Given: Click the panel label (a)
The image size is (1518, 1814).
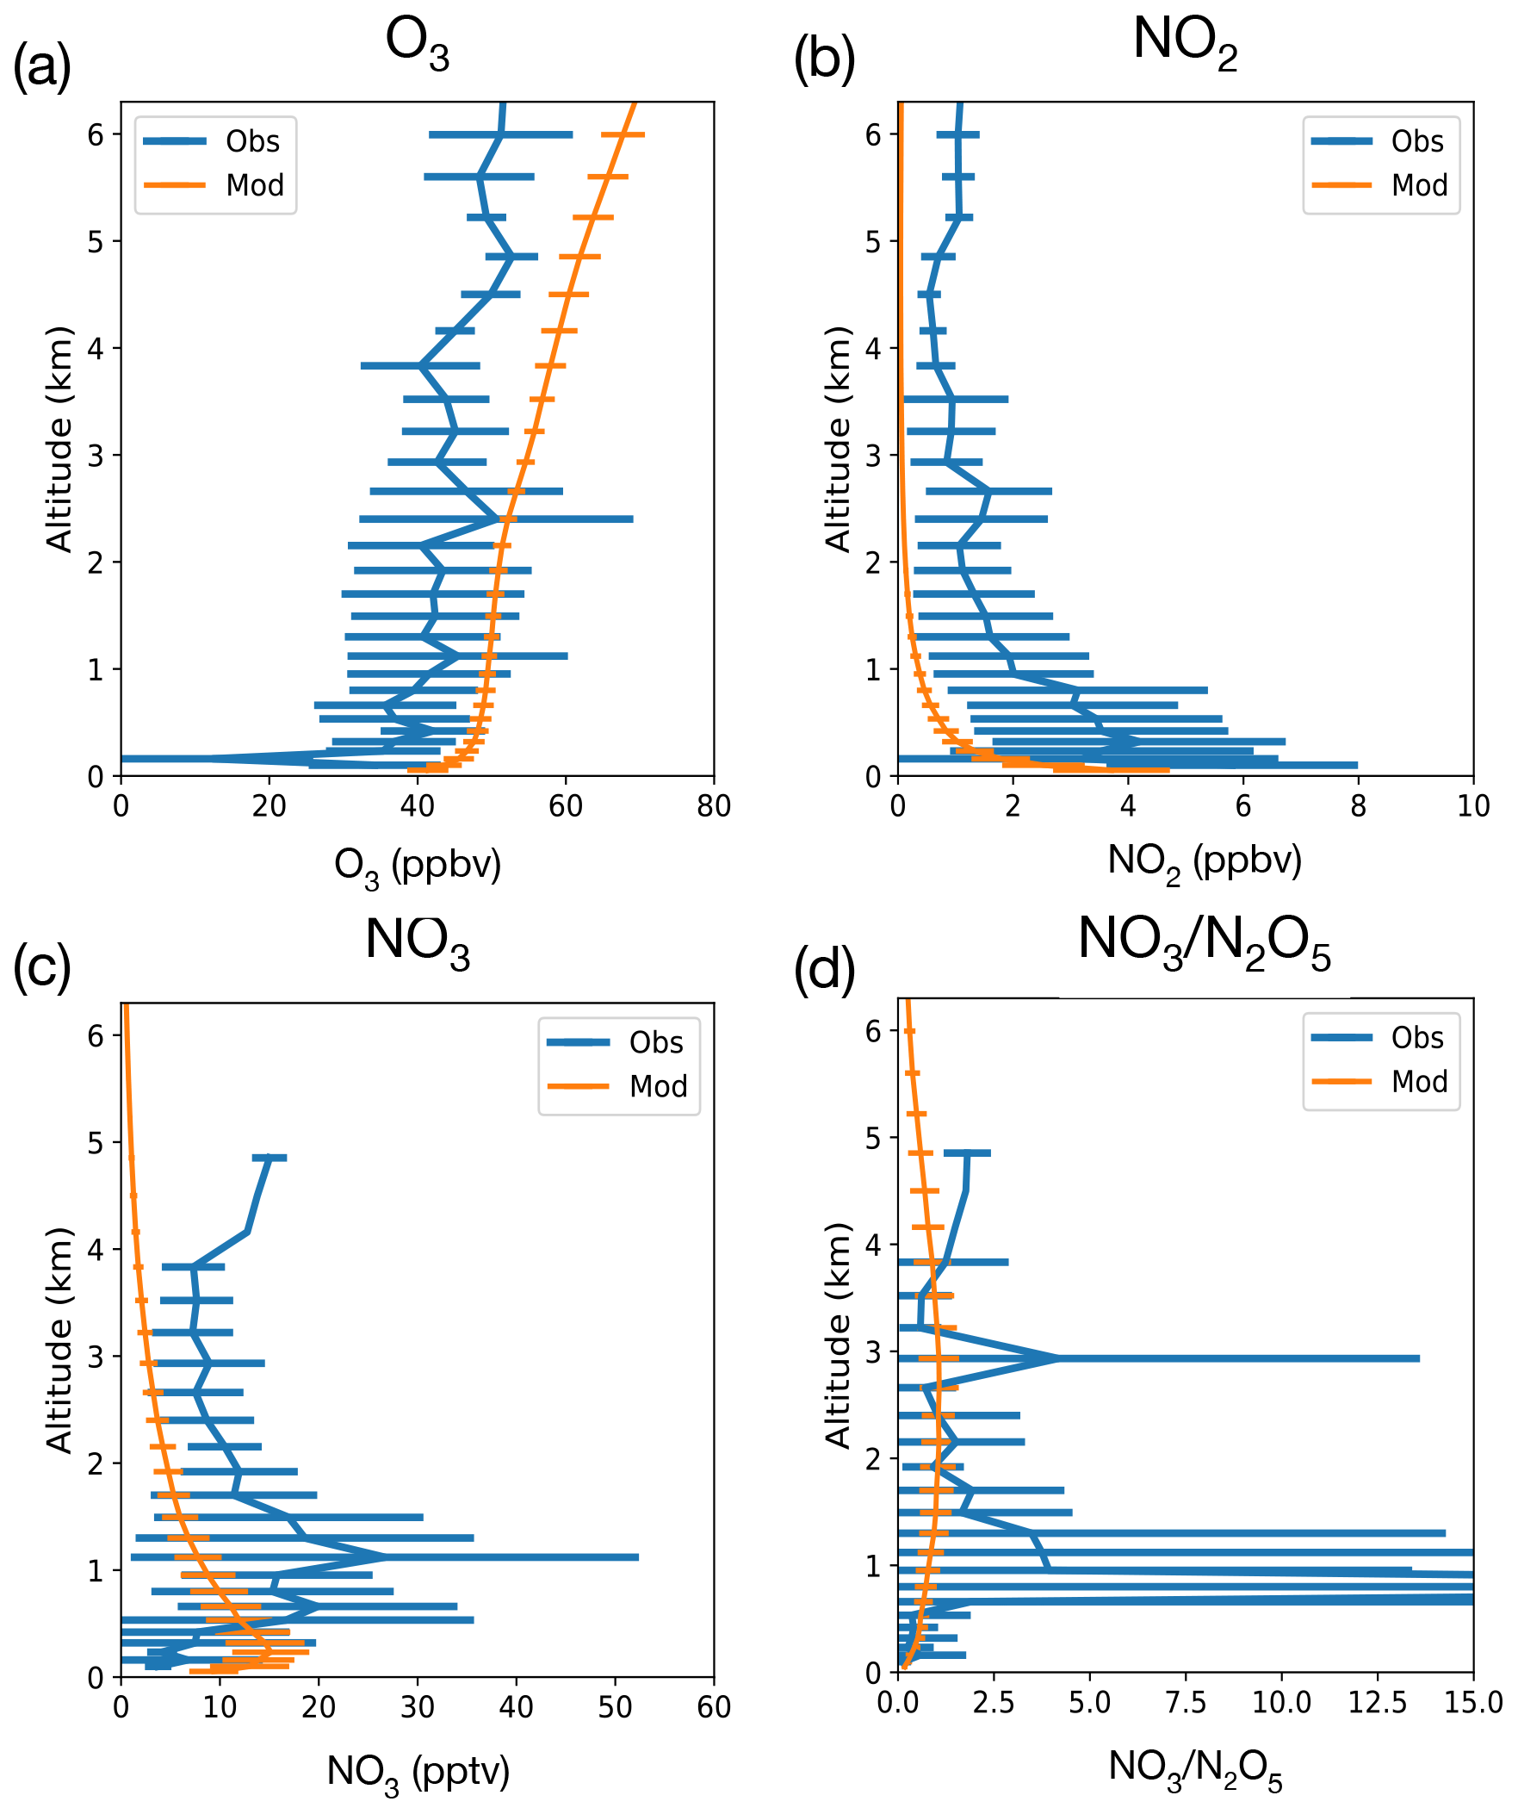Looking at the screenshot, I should coord(41,66).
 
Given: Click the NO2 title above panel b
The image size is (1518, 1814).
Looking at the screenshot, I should coord(1185,41).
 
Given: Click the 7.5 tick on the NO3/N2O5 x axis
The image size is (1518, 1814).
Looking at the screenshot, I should coord(1186,1703).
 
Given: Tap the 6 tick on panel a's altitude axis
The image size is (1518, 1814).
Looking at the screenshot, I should coord(96,134).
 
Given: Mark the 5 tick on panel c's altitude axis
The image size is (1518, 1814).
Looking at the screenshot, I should coord(96,1143).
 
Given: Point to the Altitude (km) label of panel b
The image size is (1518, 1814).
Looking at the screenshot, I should coord(838,438).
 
